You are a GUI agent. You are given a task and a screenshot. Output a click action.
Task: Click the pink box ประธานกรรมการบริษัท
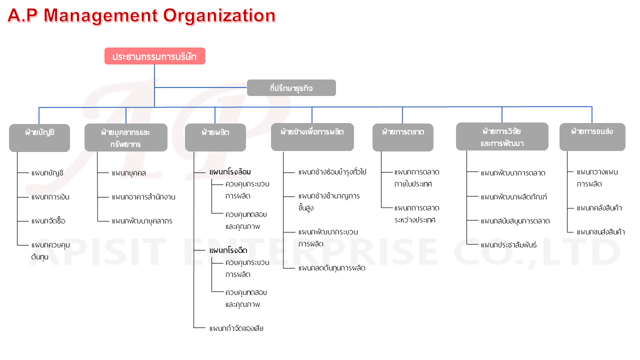pos(155,56)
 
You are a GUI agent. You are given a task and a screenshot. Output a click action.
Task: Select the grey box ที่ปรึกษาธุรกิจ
pos(291,87)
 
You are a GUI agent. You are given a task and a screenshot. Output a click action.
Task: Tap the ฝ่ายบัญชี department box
pos(39,137)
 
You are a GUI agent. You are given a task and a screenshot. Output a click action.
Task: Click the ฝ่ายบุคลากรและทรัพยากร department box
pos(126,137)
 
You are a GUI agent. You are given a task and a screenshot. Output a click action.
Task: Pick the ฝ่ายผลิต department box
pos(215,137)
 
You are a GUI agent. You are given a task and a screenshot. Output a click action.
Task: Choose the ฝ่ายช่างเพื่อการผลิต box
pos(312,137)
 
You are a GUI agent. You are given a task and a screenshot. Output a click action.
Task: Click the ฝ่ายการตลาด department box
pos(403,137)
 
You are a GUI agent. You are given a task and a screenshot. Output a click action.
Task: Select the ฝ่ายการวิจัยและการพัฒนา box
pos(502,136)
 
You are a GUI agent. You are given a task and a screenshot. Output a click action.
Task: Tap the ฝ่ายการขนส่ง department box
pos(592,137)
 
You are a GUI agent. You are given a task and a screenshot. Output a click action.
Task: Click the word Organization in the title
pos(219,15)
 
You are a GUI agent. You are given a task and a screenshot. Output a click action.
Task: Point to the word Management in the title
pos(100,15)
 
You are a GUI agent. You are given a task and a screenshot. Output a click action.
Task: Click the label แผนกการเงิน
pos(50,197)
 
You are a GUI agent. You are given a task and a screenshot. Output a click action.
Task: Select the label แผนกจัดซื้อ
pos(48,221)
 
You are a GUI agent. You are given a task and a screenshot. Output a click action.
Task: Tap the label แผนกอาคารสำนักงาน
pos(143,197)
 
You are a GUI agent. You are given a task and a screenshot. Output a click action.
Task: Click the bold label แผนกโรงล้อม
pos(230,172)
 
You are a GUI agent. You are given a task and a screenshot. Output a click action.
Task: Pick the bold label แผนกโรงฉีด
pos(228,250)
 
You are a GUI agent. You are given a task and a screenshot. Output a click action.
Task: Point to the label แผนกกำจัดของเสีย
pos(236,328)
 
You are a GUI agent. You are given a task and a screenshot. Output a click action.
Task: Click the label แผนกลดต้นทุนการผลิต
pos(331,268)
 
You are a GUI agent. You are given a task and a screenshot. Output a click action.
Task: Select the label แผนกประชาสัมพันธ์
pos(508,245)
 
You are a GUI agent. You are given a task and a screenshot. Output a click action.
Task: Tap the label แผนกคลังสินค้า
pos(599,208)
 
